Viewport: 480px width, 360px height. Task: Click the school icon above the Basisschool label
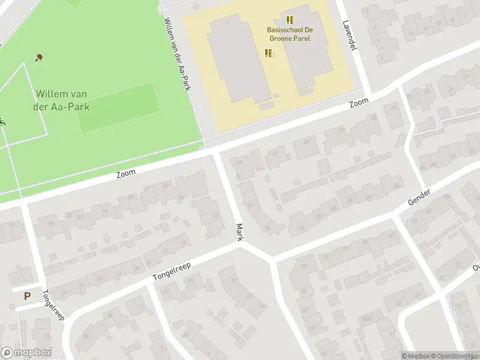(290, 20)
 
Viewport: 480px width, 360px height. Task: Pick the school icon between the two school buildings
(268, 53)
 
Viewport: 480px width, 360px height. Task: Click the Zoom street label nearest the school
(359, 103)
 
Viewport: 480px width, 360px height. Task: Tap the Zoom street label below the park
(126, 173)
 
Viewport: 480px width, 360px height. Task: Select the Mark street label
(239, 232)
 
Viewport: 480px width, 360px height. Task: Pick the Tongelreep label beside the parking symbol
(53, 305)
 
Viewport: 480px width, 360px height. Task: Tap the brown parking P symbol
(27, 295)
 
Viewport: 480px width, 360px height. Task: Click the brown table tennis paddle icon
(39, 58)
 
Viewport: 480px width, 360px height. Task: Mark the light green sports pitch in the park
(119, 107)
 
